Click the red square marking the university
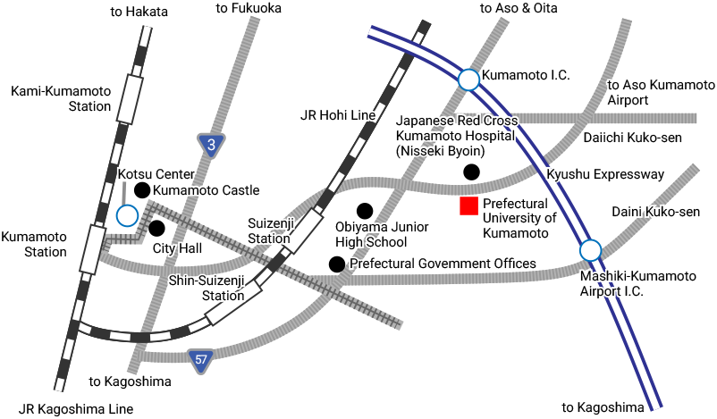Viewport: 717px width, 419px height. click(468, 206)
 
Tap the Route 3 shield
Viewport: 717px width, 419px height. click(211, 145)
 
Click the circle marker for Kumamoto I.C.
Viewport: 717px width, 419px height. click(468, 80)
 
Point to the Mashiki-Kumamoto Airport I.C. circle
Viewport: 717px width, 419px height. click(590, 250)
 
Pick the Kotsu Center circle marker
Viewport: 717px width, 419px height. click(127, 215)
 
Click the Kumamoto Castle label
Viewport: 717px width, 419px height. click(207, 190)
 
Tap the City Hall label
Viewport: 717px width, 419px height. click(177, 247)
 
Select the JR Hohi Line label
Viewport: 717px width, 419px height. click(338, 115)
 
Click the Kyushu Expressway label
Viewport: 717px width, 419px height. click(605, 174)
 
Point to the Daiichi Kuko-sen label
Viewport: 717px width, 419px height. click(632, 138)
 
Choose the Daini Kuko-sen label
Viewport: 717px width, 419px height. click(655, 212)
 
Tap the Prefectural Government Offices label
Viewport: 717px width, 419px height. click(443, 264)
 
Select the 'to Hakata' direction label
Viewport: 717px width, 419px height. click(139, 12)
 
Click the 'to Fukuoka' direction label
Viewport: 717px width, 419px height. click(249, 9)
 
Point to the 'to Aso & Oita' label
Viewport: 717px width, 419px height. click(518, 8)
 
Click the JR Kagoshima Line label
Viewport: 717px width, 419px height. click(76, 408)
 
